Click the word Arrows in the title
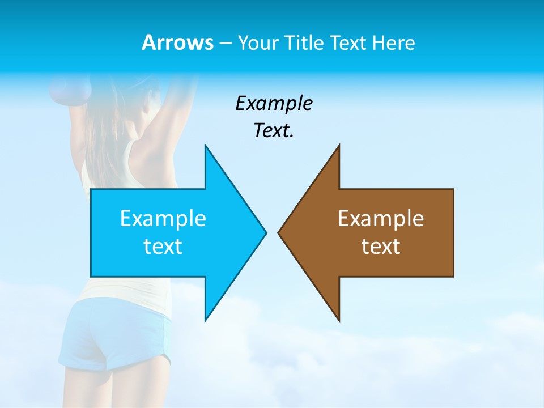click(177, 42)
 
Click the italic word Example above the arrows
click(274, 104)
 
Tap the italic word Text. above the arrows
click(274, 131)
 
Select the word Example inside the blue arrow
click(163, 218)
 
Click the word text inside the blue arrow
click(163, 246)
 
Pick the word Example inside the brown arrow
click(381, 218)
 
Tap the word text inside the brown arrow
click(381, 246)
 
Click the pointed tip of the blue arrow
click(266, 232)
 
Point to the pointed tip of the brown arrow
click(279, 232)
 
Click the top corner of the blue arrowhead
click(206, 145)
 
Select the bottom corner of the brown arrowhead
click(339, 320)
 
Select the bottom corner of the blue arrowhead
click(206, 320)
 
